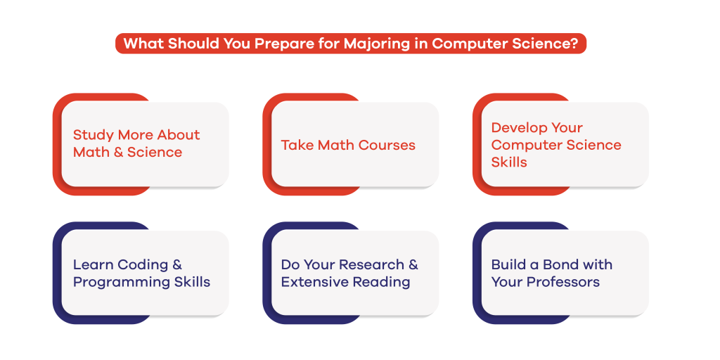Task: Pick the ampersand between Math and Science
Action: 118,152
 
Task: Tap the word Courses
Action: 387,145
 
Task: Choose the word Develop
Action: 518,129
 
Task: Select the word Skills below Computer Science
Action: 509,162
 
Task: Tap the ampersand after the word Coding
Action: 176,265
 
